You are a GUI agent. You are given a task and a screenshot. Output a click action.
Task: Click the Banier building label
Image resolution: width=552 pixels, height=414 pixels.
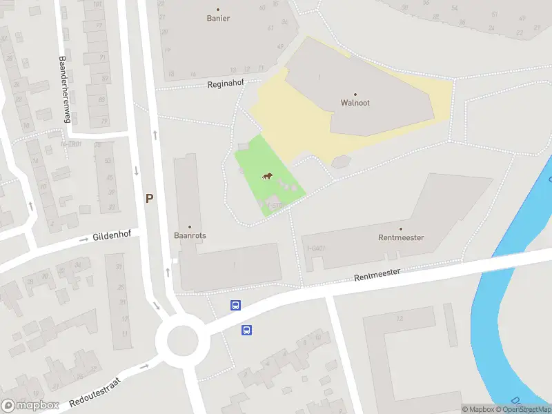point(218,19)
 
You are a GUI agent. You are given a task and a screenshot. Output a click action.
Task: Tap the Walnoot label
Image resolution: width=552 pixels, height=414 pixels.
point(355,103)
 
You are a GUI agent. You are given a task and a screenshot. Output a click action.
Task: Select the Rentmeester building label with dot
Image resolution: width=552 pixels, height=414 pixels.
point(401,237)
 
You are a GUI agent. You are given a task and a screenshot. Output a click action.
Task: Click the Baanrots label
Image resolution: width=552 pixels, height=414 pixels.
point(190,235)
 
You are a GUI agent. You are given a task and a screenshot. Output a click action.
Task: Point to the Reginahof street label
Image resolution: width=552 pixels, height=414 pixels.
point(227,84)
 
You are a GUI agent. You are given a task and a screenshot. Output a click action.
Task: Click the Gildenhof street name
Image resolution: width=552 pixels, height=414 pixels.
point(111,237)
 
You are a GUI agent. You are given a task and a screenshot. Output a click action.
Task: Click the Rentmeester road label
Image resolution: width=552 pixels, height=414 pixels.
point(377,273)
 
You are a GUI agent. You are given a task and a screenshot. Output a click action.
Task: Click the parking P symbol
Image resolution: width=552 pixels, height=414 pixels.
point(149,198)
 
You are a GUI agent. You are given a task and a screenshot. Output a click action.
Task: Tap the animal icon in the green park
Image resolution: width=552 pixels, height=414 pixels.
point(267,177)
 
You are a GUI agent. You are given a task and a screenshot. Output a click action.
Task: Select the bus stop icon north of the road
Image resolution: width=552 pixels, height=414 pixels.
point(235,305)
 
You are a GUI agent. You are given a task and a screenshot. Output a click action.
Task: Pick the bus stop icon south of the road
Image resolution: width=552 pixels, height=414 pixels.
point(246,330)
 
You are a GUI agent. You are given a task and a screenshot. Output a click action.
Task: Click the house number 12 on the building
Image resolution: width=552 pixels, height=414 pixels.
point(400,319)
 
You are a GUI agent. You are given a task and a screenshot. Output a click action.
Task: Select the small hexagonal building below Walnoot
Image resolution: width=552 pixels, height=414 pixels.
point(340,161)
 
